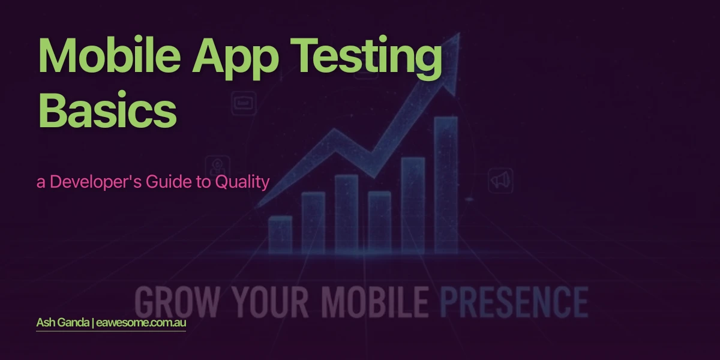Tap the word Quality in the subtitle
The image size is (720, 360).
(x=241, y=182)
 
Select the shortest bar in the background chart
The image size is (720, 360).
(x=280, y=234)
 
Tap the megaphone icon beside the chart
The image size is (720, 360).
(x=500, y=180)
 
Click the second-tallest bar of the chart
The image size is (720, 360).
(x=413, y=204)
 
